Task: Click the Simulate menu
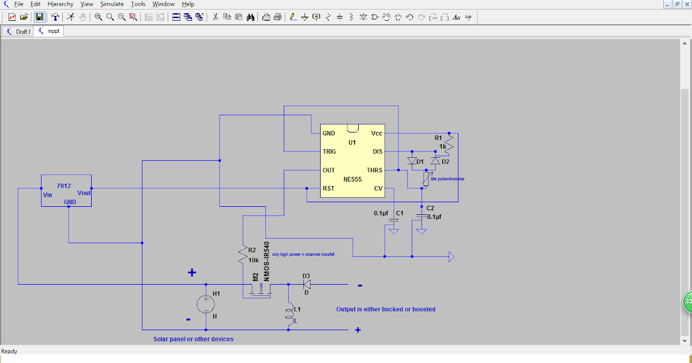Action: pos(112,4)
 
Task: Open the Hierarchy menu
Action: pos(61,4)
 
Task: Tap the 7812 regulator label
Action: pos(64,186)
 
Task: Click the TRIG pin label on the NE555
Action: pos(329,152)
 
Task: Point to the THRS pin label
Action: pos(374,171)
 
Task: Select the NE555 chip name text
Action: pos(352,179)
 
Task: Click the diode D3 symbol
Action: pos(307,284)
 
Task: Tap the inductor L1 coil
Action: pos(288,314)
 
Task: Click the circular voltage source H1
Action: pos(205,303)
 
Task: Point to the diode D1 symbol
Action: pos(412,161)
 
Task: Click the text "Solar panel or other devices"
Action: pos(193,339)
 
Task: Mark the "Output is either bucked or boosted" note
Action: pos(386,309)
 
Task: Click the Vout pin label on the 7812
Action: pos(84,193)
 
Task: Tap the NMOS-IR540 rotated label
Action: pos(266,261)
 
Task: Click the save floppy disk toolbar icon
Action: pos(39,17)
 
